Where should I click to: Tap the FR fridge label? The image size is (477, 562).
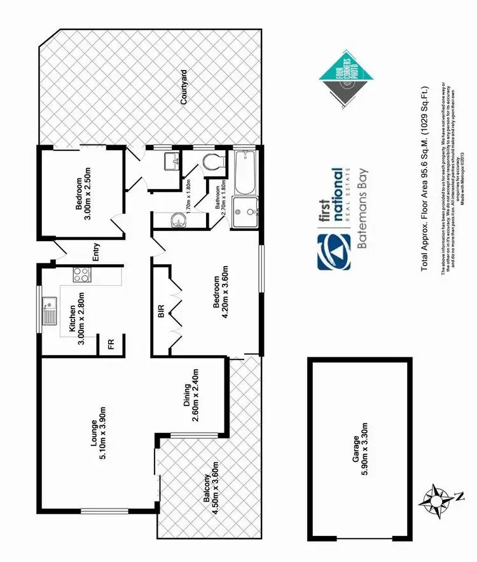pos(111,344)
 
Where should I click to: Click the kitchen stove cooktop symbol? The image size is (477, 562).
pos(81,276)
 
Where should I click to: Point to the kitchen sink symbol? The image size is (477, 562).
pos(51,311)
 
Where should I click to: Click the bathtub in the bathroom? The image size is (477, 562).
pos(245,172)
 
